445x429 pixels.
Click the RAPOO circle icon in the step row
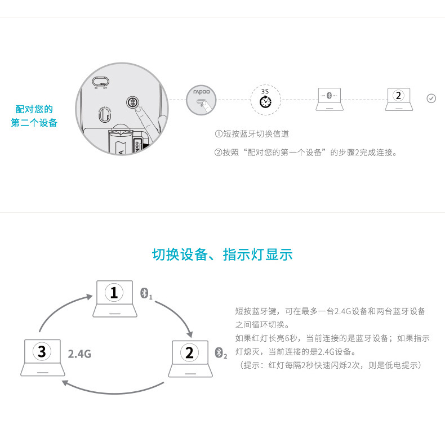(x=201, y=100)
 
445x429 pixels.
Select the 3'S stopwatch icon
(x=265, y=100)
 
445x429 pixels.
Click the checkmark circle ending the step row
(x=431, y=99)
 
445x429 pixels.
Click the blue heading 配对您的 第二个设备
(x=34, y=115)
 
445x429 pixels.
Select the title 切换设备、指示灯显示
(x=222, y=254)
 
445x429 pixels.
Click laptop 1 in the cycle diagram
(x=114, y=298)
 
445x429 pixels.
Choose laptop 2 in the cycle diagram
(x=189, y=358)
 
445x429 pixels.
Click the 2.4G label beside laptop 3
(x=79, y=354)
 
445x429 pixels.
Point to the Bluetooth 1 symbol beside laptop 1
(x=146, y=294)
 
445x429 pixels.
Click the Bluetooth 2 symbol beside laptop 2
(x=221, y=353)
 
